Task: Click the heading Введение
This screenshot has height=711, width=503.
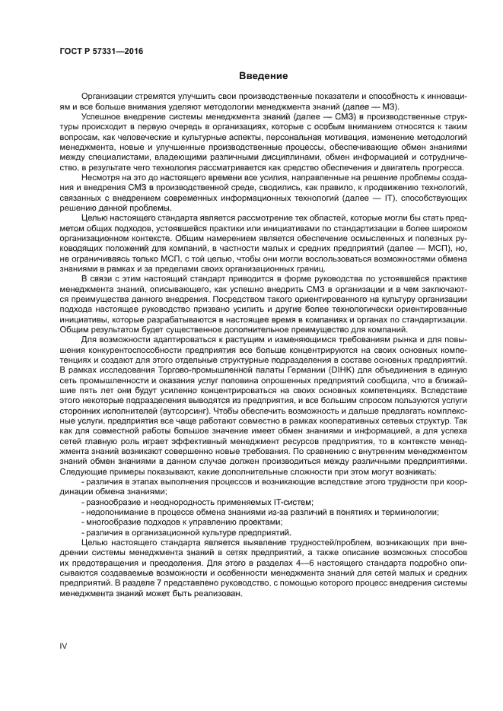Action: (263, 76)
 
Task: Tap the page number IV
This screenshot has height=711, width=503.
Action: (64, 646)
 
